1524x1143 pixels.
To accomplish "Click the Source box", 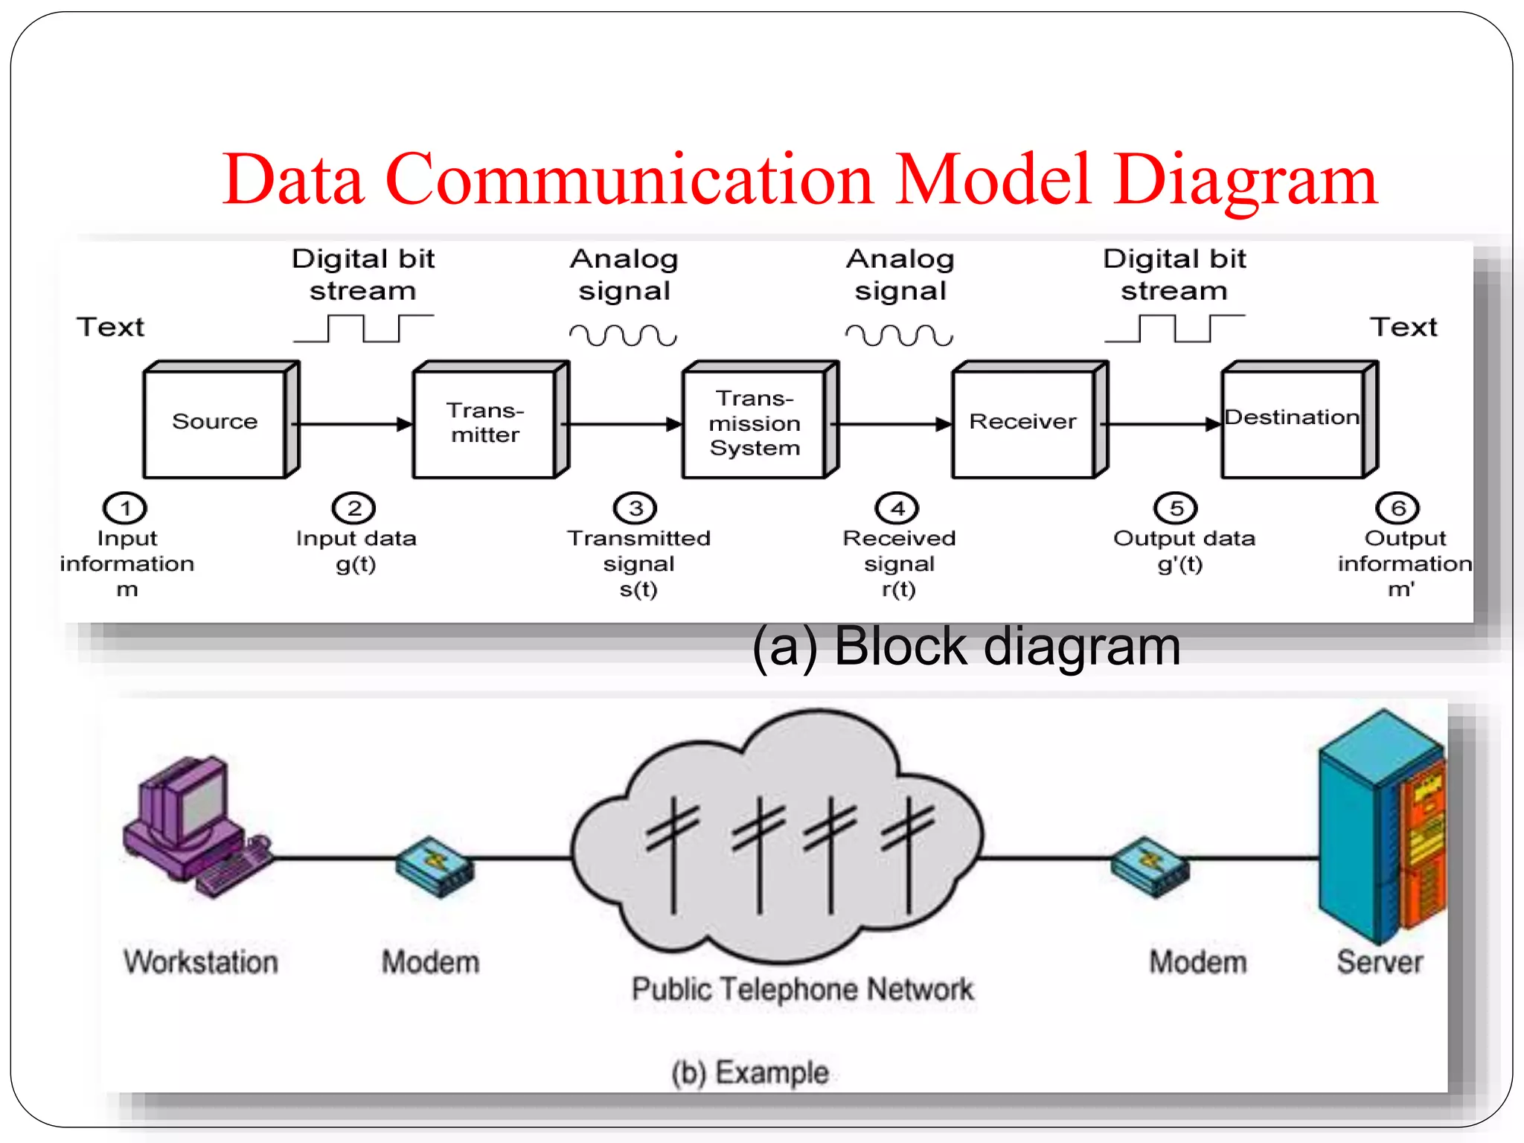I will [x=215, y=422].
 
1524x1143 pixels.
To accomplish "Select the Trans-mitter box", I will [x=485, y=422].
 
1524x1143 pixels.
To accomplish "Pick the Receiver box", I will [x=1023, y=422].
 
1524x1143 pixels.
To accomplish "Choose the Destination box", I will [x=1293, y=422].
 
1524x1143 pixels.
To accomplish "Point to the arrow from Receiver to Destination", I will [x=1162, y=424].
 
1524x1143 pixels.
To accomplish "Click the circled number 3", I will [x=635, y=508].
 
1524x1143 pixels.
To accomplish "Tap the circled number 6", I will [x=1397, y=508].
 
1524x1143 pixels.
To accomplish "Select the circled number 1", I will [x=125, y=508].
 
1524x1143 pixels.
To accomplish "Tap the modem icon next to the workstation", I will [x=435, y=867].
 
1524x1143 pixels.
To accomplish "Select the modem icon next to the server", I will [x=1150, y=867].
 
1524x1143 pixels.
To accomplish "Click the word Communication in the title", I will [x=629, y=180].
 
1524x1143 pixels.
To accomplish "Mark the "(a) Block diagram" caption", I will [x=966, y=646].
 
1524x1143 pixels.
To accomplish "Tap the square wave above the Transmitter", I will [x=363, y=328].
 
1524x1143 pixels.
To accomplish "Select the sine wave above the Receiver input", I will [x=899, y=336].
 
